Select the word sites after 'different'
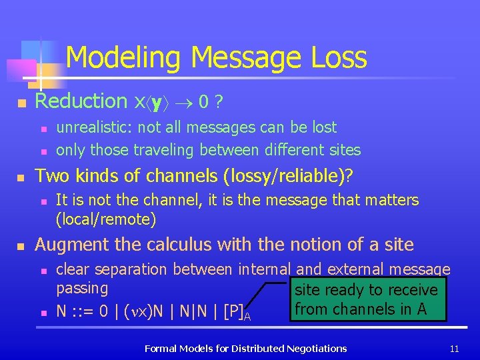tap(342, 150)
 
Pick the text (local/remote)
tap(106, 219)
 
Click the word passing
tap(82, 289)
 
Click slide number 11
tap(455, 348)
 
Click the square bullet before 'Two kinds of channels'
tap(21, 177)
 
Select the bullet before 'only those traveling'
tap(43, 151)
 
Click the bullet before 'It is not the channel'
tap(43, 201)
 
